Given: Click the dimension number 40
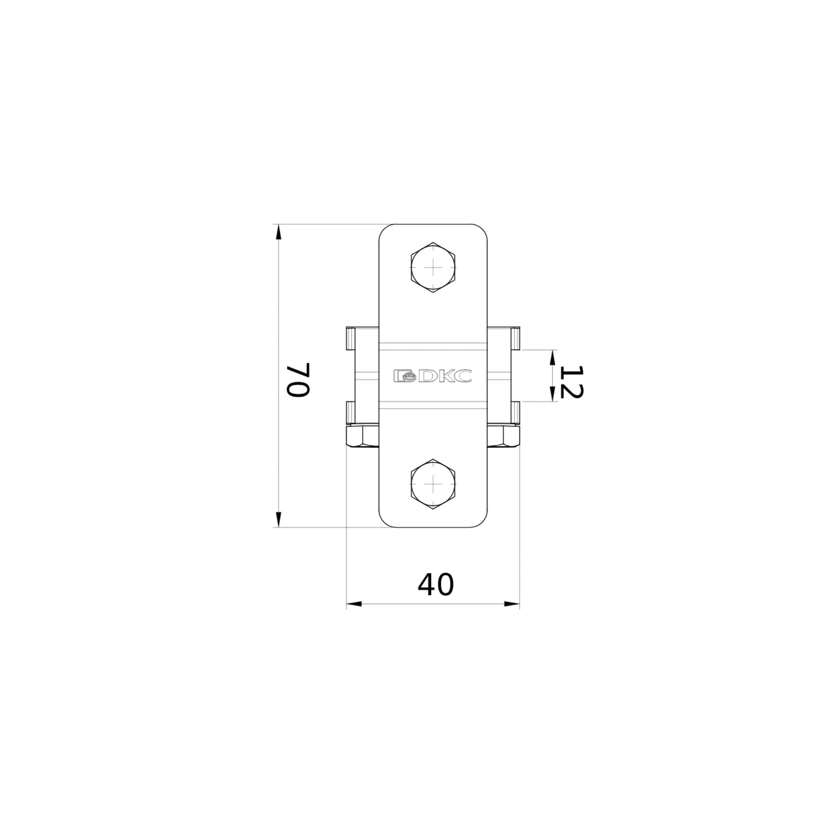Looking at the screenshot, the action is point(436,585).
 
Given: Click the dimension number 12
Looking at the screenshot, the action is point(573,382).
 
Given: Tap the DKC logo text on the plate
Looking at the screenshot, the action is point(432,376).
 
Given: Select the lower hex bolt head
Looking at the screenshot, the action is point(432,484).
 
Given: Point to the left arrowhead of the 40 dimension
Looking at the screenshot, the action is point(354,604).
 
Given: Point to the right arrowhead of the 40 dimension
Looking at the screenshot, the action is point(512,604).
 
